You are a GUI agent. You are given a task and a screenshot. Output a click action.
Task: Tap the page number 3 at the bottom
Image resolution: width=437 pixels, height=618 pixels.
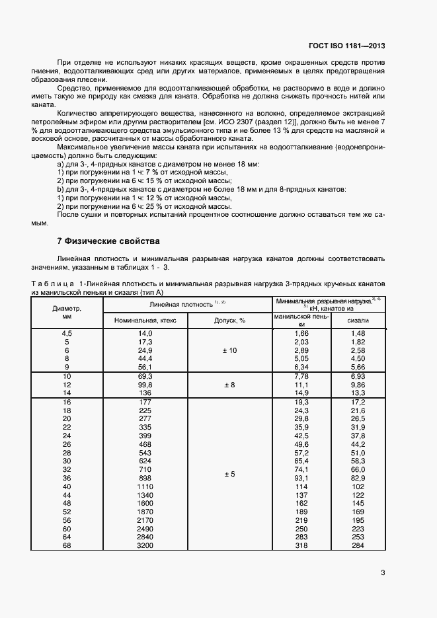(383, 573)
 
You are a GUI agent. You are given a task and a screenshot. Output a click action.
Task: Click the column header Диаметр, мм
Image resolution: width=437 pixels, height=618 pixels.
(66, 312)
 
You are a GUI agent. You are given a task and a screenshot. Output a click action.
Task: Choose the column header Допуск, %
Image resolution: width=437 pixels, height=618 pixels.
(230, 320)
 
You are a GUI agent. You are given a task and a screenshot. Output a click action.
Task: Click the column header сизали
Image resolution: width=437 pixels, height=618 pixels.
(358, 320)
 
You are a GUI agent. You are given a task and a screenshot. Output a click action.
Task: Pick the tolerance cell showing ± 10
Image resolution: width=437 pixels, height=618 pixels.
(230, 350)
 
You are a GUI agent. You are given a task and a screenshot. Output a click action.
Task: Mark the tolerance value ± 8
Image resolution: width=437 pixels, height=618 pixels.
(230, 384)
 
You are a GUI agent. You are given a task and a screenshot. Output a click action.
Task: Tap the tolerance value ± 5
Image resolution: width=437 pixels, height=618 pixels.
(230, 475)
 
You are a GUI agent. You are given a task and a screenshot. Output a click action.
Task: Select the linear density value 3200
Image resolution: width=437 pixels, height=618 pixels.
(145, 545)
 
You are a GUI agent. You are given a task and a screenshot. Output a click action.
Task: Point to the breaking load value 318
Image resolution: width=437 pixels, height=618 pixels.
(301, 545)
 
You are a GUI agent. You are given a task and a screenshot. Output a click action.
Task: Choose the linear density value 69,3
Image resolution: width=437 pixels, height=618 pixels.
(145, 375)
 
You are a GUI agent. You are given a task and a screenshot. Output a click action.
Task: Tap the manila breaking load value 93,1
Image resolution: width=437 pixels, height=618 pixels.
(301, 478)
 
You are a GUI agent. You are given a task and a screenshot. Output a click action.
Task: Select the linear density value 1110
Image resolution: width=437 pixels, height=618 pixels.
(145, 486)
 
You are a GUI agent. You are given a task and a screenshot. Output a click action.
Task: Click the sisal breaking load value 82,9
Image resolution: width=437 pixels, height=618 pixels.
(358, 478)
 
